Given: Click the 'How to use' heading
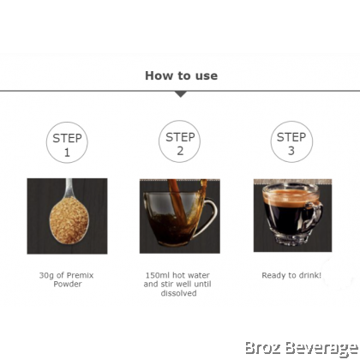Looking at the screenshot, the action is pos(181,75).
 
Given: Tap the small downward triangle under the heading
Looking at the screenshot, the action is pos(181,94).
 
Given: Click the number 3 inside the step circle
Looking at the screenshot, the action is pos(291,151).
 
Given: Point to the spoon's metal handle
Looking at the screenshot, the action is pos(69,188).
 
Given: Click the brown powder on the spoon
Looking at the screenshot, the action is pos(69,220).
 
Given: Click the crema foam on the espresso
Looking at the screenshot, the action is pos(291,198).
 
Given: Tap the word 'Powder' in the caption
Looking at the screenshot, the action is pos(68,285).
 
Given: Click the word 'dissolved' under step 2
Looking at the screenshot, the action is pos(178,293).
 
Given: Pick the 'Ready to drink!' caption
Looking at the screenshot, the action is pos(291,275).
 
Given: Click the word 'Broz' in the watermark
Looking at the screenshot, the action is pos(263,349).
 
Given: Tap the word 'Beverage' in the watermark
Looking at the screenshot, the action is pos(321,349).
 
